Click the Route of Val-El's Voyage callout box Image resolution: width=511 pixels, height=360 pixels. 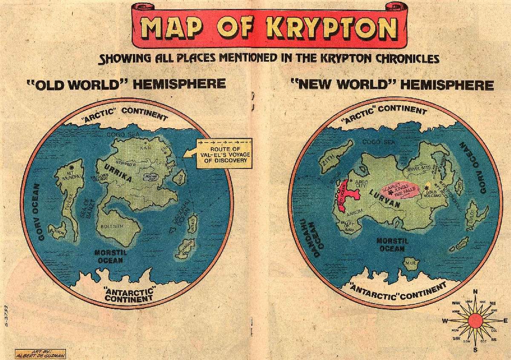(222, 152)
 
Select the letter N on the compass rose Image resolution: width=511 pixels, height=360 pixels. (475, 291)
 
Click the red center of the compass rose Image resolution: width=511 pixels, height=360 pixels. (476, 320)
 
